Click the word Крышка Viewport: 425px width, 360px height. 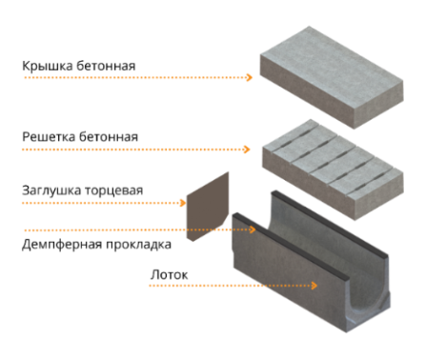coord(48,66)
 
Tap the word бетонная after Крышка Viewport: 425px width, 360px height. coord(106,66)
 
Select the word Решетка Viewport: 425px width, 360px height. coord(49,137)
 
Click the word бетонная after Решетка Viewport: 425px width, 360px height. coord(109,137)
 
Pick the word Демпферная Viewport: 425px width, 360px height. coord(62,245)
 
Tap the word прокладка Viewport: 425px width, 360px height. coord(139,245)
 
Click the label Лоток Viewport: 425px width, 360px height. coord(170,275)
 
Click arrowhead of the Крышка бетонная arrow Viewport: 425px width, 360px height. coord(249,77)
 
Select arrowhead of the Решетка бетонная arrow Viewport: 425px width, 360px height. coord(247,150)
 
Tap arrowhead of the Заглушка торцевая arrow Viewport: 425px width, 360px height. coord(182,203)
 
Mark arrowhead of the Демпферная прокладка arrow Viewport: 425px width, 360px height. coord(253,230)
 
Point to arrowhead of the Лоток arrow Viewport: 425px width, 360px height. coord(314,286)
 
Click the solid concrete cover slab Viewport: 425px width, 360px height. coord(332,77)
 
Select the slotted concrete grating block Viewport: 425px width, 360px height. coord(333,170)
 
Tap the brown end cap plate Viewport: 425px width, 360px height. coord(208,207)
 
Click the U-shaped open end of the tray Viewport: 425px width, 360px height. coord(369,312)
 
